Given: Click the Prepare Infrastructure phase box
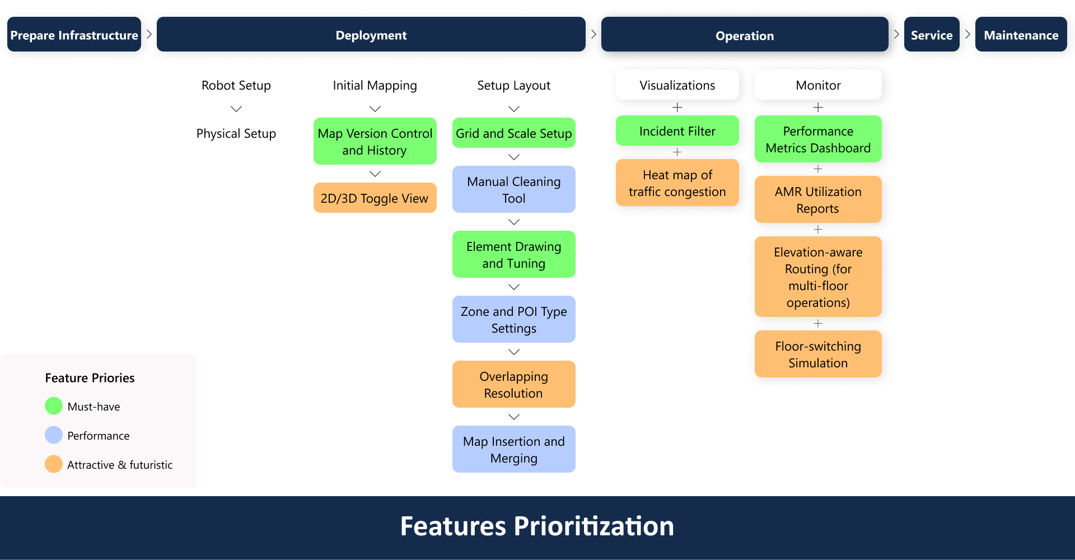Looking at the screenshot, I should pyautogui.click(x=74, y=35).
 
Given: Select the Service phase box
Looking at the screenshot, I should pyautogui.click(x=931, y=35).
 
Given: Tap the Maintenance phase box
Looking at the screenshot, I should pyautogui.click(x=1021, y=35).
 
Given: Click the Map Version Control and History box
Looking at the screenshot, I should pyautogui.click(x=375, y=141).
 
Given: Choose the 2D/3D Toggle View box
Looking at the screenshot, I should pyautogui.click(x=375, y=198).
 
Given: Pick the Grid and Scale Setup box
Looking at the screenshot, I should pyautogui.click(x=513, y=133).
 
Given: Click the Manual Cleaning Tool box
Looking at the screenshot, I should pyautogui.click(x=513, y=189).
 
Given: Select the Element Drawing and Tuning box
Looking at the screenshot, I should pyautogui.click(x=513, y=254).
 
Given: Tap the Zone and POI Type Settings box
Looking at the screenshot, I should pyautogui.click(x=513, y=319).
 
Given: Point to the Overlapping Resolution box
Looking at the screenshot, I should pyautogui.click(x=513, y=384).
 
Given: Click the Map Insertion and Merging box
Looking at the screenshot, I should pyautogui.click(x=513, y=449).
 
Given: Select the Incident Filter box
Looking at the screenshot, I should pyautogui.click(x=677, y=130).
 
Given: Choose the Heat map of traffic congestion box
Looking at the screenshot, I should pyautogui.click(x=677, y=183).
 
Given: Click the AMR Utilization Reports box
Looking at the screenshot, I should pyautogui.click(x=817, y=199).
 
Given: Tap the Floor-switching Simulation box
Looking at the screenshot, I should pyautogui.click(x=817, y=354).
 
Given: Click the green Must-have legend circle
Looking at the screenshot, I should pyautogui.click(x=54, y=405).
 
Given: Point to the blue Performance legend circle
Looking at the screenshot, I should pyautogui.click(x=54, y=435).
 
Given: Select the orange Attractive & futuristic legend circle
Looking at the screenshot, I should pyautogui.click(x=54, y=464).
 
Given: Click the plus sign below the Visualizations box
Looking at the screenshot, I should pyautogui.click(x=677, y=107).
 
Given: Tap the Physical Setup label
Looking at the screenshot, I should pyautogui.click(x=236, y=133).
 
